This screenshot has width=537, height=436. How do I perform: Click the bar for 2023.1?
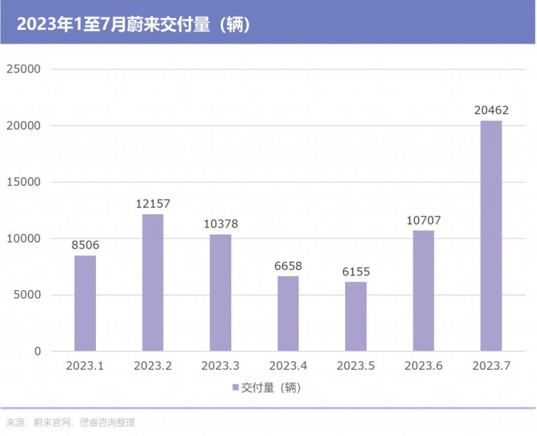[85, 303]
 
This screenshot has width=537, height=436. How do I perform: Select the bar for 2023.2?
[153, 283]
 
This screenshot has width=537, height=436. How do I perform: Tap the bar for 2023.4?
[288, 314]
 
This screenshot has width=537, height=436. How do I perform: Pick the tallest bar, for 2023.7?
[491, 236]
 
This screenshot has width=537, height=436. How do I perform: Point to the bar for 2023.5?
[356, 316]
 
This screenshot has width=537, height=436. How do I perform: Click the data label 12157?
[153, 204]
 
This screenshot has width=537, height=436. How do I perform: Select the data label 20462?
[491, 110]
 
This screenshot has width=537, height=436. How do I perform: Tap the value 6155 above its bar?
[356, 272]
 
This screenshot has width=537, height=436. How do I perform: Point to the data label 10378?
[220, 224]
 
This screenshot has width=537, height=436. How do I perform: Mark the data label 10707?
[423, 220]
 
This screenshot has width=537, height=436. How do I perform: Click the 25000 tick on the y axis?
[23, 69]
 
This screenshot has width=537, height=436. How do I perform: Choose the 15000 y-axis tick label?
[23, 182]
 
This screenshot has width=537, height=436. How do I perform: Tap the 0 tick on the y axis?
[37, 351]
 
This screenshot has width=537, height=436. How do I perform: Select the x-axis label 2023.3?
[220, 366]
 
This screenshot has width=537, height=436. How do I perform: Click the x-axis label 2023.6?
[423, 366]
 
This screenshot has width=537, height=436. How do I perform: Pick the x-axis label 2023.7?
[491, 366]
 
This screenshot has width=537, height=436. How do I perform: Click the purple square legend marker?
[235, 388]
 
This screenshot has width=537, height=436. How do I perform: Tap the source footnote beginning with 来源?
[70, 422]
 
